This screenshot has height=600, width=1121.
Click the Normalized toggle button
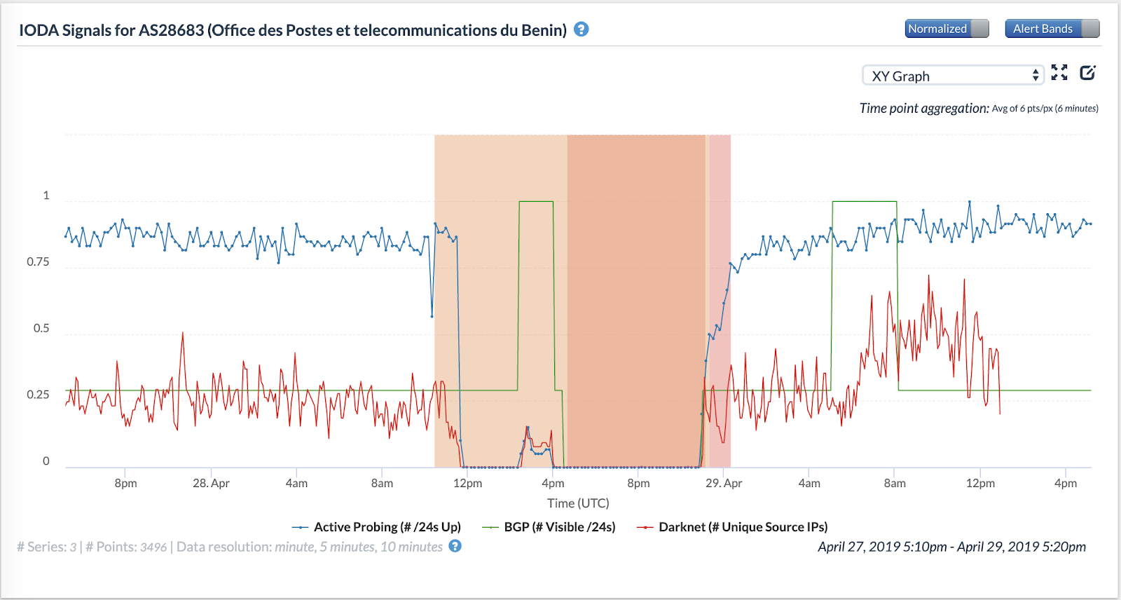point(946,29)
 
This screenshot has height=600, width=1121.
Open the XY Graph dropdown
point(953,76)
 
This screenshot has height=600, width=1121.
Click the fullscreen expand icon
point(1059,73)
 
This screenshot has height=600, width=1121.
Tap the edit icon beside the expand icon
point(1087,73)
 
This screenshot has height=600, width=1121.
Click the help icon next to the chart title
point(581,29)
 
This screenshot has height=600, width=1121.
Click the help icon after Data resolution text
point(455,546)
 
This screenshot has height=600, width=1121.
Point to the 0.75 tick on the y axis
point(38,262)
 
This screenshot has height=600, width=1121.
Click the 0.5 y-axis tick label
point(41,329)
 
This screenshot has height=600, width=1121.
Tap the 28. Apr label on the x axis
point(211,484)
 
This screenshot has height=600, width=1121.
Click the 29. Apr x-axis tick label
point(724,484)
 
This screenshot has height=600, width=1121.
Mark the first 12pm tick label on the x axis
point(467,484)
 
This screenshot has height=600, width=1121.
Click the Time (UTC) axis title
point(578,503)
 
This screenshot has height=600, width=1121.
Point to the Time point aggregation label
point(924,108)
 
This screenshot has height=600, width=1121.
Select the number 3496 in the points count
point(153,547)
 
